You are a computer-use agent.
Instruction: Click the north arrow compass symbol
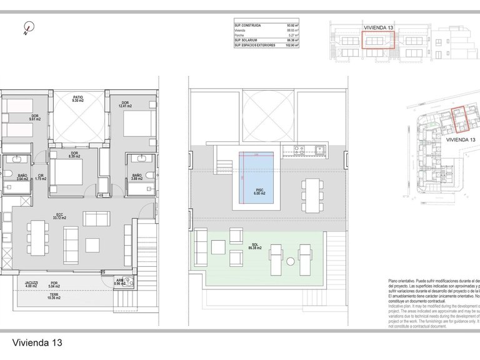[x=27, y=28]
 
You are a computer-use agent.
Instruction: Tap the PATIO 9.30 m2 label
[x=78, y=99]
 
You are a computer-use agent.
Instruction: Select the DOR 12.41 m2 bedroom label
[x=126, y=105]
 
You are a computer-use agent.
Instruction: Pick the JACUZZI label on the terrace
[x=31, y=282]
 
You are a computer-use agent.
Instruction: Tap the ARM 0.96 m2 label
[x=119, y=282]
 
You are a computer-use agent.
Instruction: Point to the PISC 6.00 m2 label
[x=259, y=192]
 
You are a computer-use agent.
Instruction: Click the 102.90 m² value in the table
[x=291, y=45]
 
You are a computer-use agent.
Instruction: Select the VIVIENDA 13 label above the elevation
[x=378, y=28]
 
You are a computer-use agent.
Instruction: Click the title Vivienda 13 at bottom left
[x=37, y=342]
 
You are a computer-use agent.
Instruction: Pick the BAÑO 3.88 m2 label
[x=137, y=177]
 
